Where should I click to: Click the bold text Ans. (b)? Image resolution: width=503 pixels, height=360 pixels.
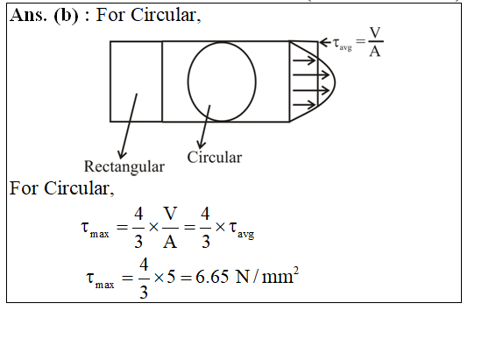[44, 16]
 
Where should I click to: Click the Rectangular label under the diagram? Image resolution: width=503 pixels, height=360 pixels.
[124, 166]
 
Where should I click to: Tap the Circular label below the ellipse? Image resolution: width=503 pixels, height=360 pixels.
[215, 158]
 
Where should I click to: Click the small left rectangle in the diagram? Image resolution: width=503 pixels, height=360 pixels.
[110, 81]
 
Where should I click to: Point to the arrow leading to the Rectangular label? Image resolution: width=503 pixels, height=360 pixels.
[128, 126]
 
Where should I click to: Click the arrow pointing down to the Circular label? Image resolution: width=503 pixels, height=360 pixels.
[205, 126]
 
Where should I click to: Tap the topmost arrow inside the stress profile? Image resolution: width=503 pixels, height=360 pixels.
[304, 60]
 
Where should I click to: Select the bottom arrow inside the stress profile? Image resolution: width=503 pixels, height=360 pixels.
[304, 104]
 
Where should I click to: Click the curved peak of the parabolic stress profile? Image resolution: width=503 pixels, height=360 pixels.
[336, 81]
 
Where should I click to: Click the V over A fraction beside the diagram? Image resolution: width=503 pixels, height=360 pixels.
[375, 42]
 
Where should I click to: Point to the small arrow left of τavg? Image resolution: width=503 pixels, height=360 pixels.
[325, 42]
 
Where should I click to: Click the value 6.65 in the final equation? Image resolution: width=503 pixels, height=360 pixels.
[212, 277]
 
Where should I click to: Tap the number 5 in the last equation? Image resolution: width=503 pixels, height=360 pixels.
[171, 277]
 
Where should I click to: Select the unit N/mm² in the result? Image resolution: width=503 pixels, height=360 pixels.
[267, 276]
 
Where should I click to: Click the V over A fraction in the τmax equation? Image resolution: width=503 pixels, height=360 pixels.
[170, 228]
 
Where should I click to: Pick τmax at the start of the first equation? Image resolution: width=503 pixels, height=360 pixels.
[95, 229]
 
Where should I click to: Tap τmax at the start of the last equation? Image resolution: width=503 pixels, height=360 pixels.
[100, 279]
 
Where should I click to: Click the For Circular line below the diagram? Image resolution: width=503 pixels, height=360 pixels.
[61, 188]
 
